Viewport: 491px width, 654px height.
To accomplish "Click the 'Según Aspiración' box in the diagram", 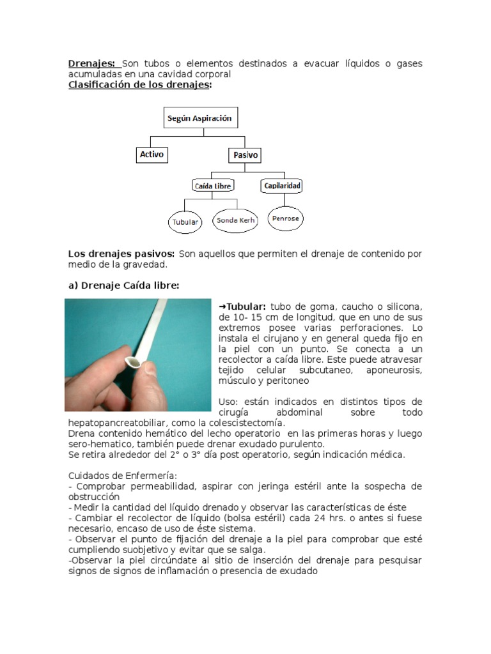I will pyautogui.click(x=199, y=119).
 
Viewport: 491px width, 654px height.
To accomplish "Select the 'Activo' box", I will pyautogui.click(x=152, y=155).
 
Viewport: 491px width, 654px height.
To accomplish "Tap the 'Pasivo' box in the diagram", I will pyautogui.click(x=245, y=155).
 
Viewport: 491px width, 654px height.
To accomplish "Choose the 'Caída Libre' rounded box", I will pyautogui.click(x=212, y=186).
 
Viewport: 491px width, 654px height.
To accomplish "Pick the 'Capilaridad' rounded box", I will pyautogui.click(x=281, y=186).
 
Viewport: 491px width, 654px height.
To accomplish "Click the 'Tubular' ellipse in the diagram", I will pyautogui.click(x=185, y=223).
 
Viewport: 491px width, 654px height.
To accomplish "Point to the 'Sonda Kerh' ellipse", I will pyautogui.click(x=236, y=220).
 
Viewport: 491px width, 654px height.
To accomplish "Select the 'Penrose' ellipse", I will pyautogui.click(x=286, y=218).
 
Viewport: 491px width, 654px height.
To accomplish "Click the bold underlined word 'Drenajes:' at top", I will pyautogui.click(x=92, y=64).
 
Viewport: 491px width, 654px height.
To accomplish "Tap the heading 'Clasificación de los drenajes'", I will pyautogui.click(x=139, y=85).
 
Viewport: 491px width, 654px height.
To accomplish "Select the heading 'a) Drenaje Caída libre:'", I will pyautogui.click(x=123, y=285).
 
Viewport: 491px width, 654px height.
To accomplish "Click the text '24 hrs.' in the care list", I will pyautogui.click(x=334, y=518).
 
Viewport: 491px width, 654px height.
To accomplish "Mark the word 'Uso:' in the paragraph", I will pyautogui.click(x=228, y=401).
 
